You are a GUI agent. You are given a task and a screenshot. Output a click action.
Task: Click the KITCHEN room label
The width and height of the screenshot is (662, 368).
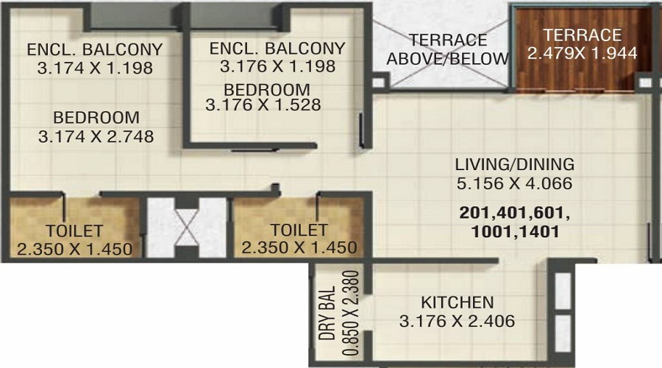[457, 302]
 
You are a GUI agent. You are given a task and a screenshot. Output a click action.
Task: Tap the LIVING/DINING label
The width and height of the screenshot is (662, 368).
[514, 164]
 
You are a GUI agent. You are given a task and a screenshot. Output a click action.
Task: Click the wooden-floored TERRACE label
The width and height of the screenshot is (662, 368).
[583, 35]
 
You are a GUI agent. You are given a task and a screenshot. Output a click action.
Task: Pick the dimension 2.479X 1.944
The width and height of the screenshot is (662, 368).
[582, 53]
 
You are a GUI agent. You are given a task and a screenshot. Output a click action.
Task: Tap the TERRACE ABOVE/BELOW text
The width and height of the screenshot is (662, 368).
[448, 49]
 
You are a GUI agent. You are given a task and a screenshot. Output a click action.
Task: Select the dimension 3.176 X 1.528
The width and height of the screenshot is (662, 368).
[263, 105]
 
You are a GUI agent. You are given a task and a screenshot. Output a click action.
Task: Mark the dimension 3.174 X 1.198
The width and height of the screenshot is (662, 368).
[94, 69]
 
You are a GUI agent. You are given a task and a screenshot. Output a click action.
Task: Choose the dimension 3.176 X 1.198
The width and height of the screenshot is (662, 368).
[277, 66]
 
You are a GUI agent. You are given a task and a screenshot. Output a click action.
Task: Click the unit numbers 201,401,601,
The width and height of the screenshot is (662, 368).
[513, 213]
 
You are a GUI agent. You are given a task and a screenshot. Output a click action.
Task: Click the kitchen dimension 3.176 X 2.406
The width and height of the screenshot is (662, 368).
[457, 322]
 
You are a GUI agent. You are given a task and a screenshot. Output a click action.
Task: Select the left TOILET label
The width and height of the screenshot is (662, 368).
[74, 230]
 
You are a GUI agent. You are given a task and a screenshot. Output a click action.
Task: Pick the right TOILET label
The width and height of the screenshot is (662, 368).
[299, 230]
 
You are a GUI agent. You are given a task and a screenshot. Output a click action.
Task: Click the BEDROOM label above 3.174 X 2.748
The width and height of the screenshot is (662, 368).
[96, 117]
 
